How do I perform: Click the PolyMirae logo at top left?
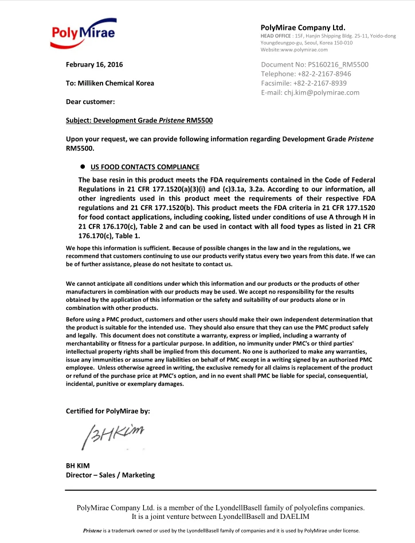[84, 32]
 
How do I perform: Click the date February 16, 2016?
[95, 64]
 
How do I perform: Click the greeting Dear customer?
[91, 102]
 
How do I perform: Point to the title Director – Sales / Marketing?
[110, 475]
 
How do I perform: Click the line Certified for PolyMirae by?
[108, 411]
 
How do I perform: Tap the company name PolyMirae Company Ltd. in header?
[303, 28]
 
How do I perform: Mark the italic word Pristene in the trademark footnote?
[95, 531]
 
